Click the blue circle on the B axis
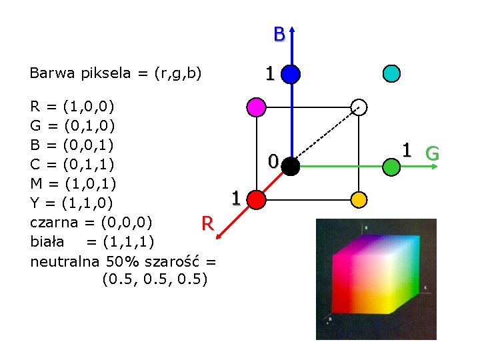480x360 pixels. (x=291, y=74)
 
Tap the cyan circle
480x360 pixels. (x=391, y=73)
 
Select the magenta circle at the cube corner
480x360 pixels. (x=256, y=107)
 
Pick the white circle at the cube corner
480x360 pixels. (x=359, y=107)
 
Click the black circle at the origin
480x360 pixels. (x=290, y=167)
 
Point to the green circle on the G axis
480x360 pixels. (x=391, y=167)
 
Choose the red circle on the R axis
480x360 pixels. (x=256, y=199)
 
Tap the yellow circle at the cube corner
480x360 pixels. (x=359, y=199)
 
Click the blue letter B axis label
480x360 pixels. (x=279, y=34)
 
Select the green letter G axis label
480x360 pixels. (x=432, y=153)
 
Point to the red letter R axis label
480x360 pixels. (x=208, y=223)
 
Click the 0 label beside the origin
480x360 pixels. (x=273, y=161)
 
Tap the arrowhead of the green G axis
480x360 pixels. (x=435, y=167)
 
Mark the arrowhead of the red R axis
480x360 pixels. (x=218, y=236)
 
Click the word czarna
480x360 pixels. (x=54, y=223)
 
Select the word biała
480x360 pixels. (x=47, y=241)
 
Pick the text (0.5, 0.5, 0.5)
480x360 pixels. (x=155, y=279)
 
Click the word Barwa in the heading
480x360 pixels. (x=52, y=73)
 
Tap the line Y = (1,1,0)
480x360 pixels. (x=71, y=203)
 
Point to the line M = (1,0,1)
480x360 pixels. (x=73, y=184)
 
